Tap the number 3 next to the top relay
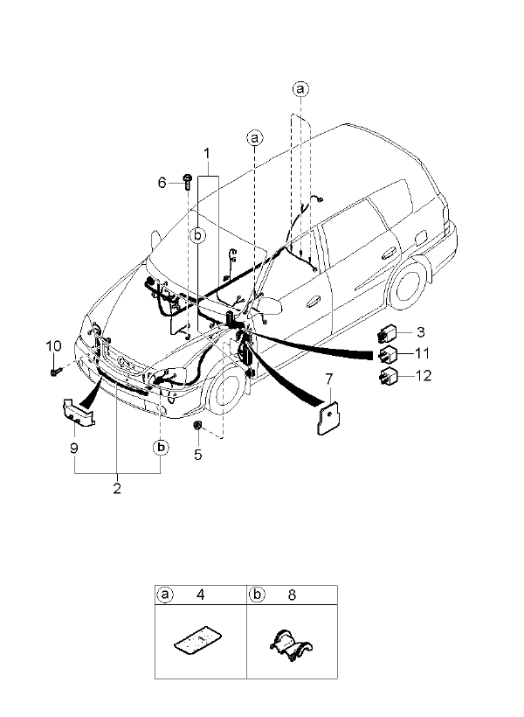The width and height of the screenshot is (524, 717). point(420,332)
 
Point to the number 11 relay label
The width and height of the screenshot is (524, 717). point(423,353)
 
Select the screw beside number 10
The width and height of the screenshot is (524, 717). point(55,372)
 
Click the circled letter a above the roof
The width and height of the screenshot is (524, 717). point(300,89)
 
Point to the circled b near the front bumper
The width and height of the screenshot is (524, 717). point(162,448)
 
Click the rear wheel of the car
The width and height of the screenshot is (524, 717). point(407,282)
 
